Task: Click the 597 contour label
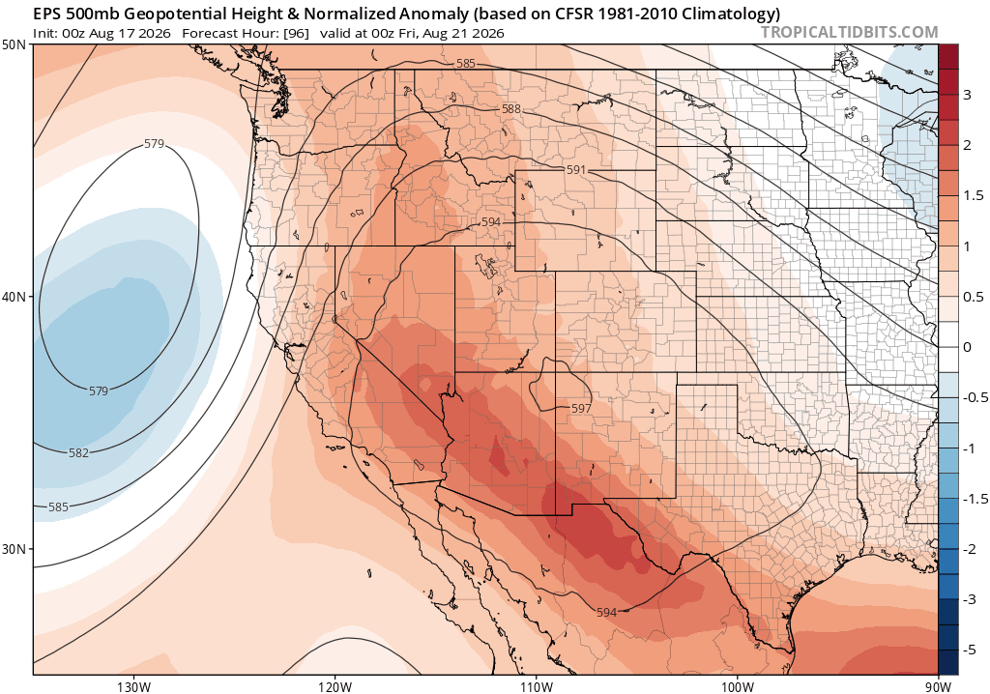[x=581, y=409]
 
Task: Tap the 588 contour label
[x=510, y=109]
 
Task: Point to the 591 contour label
[x=576, y=170]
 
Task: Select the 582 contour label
[x=79, y=452]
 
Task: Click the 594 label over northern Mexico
[x=606, y=612]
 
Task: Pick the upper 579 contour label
[x=154, y=144]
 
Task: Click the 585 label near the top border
[x=465, y=63]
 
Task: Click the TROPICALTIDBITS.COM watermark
[x=849, y=32]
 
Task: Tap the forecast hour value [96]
[x=297, y=33]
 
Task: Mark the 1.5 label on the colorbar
[x=973, y=196]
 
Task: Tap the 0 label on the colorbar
[x=967, y=347]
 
